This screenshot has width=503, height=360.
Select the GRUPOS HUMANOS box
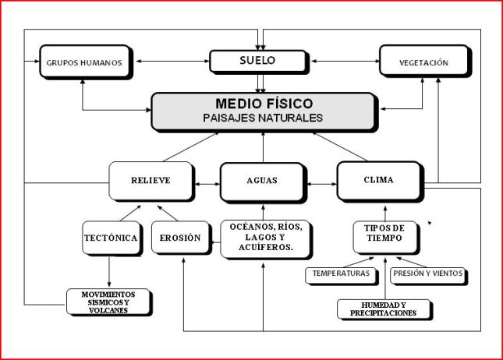[x=83, y=62]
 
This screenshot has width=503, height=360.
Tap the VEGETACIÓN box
[x=424, y=62]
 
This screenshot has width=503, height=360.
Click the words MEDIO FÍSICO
[x=264, y=104]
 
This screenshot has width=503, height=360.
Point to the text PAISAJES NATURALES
[x=264, y=118]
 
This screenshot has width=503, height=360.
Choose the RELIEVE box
[x=151, y=181]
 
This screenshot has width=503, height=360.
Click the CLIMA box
[x=379, y=181]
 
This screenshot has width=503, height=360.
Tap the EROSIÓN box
[x=180, y=238]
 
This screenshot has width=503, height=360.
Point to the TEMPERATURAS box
[x=341, y=274]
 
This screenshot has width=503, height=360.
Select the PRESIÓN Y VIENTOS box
[x=428, y=274]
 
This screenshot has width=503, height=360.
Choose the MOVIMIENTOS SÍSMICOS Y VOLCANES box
[x=108, y=302]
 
